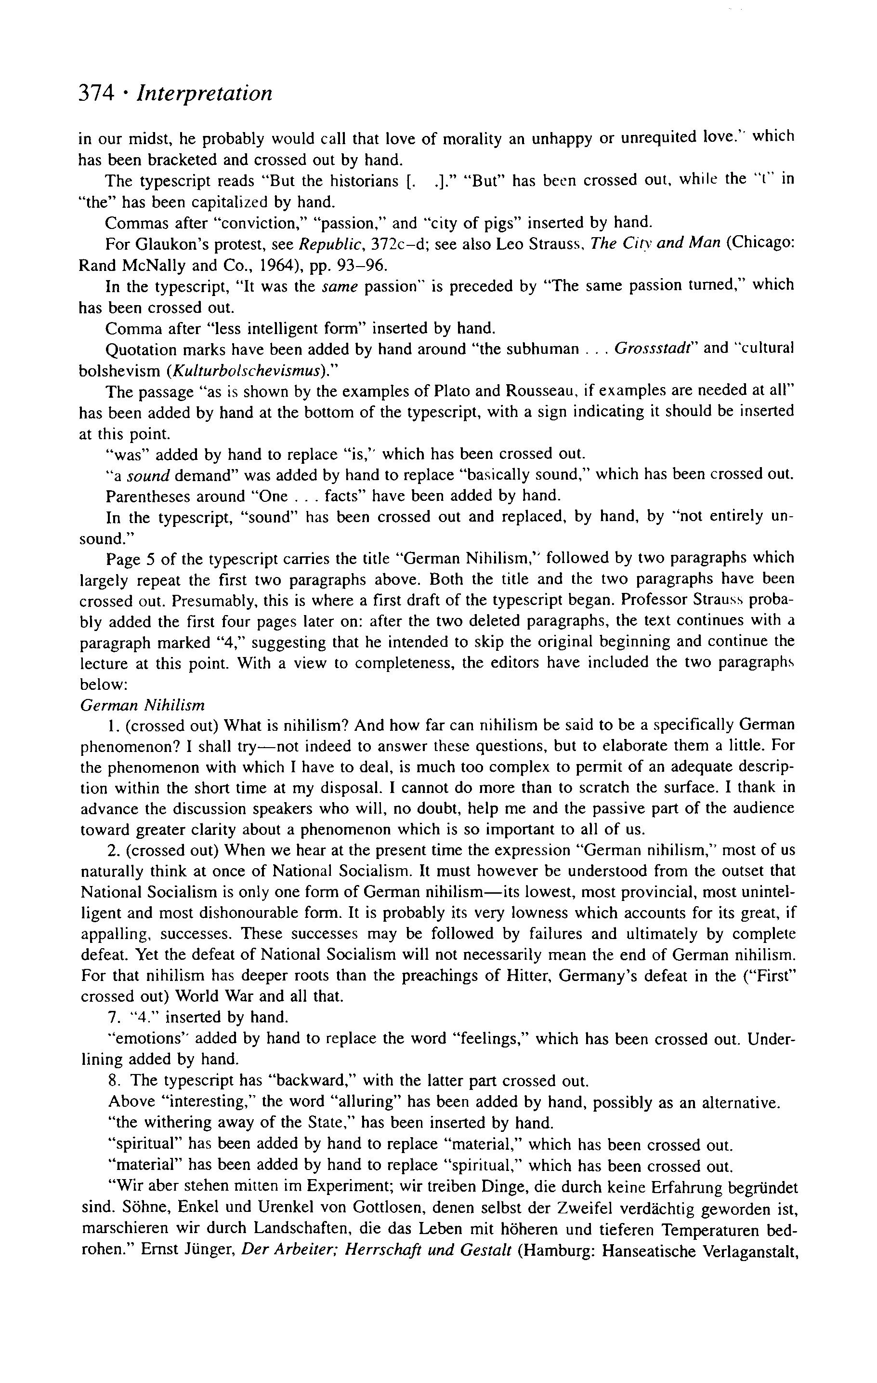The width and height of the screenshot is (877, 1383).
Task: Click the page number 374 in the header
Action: pyautogui.click(x=97, y=93)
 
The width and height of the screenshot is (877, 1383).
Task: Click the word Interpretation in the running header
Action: pyautogui.click(x=204, y=94)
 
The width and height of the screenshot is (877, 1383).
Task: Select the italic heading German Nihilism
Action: pyautogui.click(x=143, y=705)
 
